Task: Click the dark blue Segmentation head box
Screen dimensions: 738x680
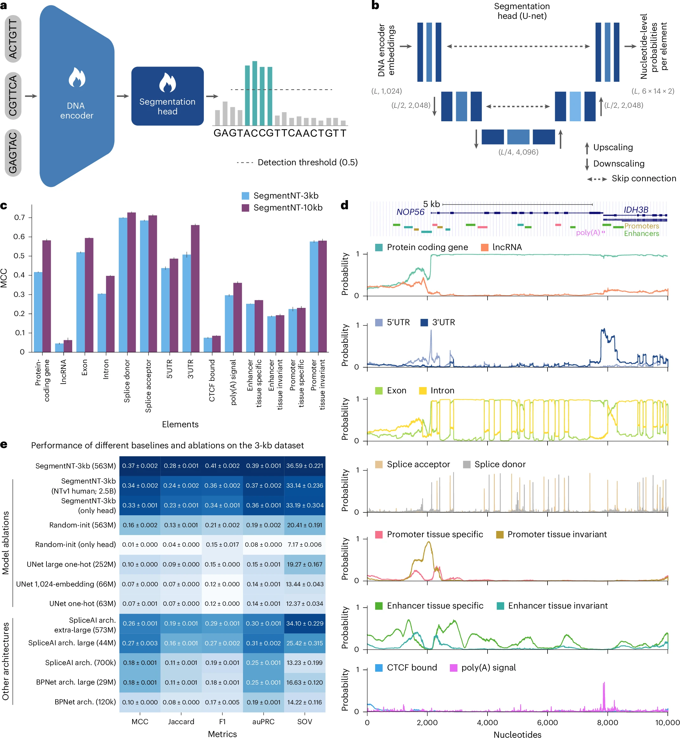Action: pyautogui.click(x=167, y=96)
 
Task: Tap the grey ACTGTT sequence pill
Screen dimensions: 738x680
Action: pyautogui.click(x=13, y=39)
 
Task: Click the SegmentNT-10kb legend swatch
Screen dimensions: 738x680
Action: pyautogui.click(x=246, y=208)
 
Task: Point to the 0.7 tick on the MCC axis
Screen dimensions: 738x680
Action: pyautogui.click(x=19, y=217)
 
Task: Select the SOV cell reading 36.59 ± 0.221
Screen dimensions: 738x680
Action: pyautogui.click(x=305, y=466)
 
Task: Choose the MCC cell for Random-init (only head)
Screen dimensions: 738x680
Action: pyautogui.click(x=140, y=544)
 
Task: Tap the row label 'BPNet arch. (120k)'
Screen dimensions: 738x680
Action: pyautogui.click(x=85, y=702)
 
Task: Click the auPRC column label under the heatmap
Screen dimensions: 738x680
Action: pyautogui.click(x=263, y=721)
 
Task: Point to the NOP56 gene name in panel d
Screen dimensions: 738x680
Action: pyautogui.click(x=410, y=212)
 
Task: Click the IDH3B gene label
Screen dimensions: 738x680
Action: pyautogui.click(x=636, y=210)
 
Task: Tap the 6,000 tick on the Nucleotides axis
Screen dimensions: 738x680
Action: pyautogui.click(x=548, y=722)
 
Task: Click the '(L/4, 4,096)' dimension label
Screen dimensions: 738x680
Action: pyautogui.click(x=518, y=152)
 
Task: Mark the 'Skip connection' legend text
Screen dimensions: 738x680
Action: pyautogui.click(x=644, y=178)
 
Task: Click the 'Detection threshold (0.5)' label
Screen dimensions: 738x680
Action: pyautogui.click(x=308, y=162)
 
